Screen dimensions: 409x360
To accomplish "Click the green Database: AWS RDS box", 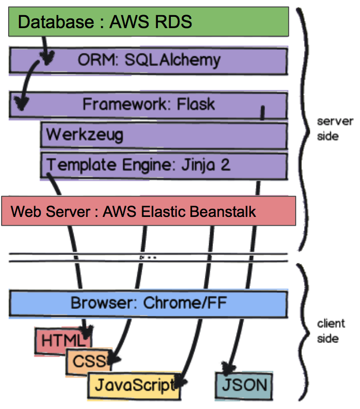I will tap(149, 22).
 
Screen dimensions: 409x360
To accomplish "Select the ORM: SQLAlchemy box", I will tap(149, 60).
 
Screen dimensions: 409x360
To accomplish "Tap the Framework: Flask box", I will tap(149, 104).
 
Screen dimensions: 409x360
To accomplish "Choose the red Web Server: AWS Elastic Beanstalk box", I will tap(149, 211).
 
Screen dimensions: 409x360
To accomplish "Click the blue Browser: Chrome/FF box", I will tap(149, 303).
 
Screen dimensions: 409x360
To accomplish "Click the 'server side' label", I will tap(335, 128).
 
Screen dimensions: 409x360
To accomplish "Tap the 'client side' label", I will tap(331, 331).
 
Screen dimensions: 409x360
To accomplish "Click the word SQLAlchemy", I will tap(172, 60).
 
